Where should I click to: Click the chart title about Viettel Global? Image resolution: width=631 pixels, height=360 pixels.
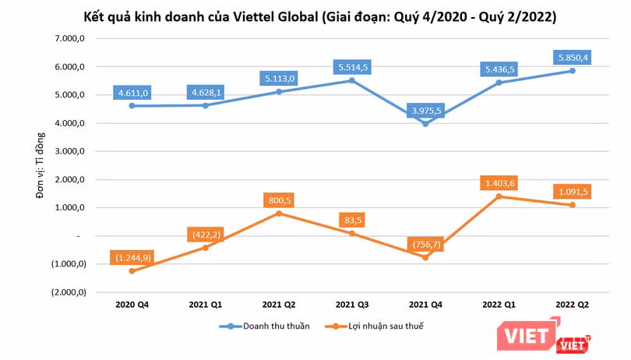pos(320,17)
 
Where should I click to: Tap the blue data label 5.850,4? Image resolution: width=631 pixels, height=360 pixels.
pos(573,58)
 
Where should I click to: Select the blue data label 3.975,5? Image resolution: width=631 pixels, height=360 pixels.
pos(426,111)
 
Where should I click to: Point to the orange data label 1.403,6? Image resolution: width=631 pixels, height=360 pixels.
pos(499,183)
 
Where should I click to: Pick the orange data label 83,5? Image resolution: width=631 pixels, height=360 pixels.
pos(353,221)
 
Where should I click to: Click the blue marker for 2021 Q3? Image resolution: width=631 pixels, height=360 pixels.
pos(352,80)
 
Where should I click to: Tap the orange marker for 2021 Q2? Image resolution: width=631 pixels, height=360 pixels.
pos(279,214)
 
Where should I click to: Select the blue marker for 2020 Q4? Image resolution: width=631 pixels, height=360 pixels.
pos(132,106)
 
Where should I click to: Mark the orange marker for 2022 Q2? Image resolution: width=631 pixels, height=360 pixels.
pos(573,205)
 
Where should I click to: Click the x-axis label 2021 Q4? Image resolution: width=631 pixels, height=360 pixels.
pos(425,305)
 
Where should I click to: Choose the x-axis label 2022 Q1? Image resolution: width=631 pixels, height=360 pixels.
pos(499,305)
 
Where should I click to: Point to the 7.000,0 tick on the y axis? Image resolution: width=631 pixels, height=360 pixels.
pos(70,38)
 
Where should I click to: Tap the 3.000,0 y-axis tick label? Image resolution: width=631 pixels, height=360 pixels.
pos(70,151)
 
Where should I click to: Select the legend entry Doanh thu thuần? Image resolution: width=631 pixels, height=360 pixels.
pos(265,326)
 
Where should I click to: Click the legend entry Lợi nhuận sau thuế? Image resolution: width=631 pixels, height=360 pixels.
pos(374,326)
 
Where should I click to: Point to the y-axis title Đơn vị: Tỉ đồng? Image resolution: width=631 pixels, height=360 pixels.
pos(40,165)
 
